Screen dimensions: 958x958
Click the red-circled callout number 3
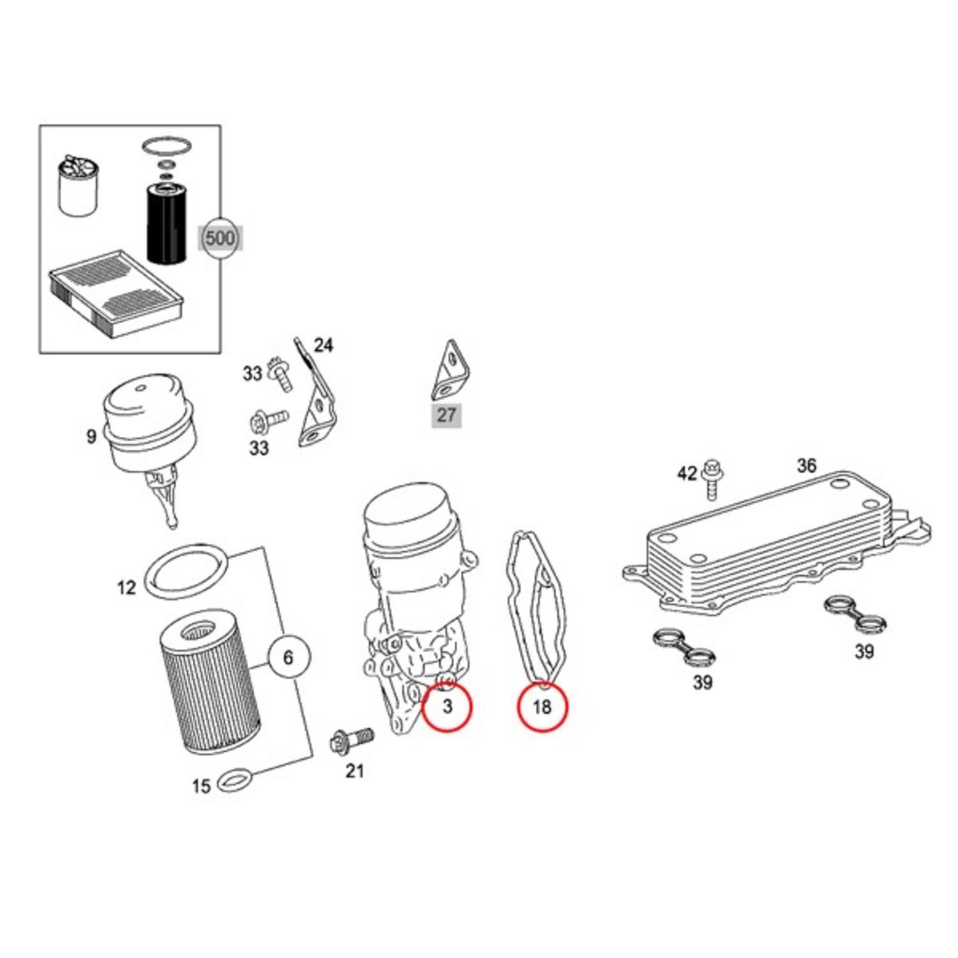click(x=447, y=706)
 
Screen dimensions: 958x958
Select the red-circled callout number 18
click(x=542, y=706)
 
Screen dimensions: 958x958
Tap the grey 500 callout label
click(x=220, y=238)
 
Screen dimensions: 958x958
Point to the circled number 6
click(x=288, y=657)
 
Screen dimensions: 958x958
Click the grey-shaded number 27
click(x=446, y=415)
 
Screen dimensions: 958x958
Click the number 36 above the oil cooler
click(x=806, y=466)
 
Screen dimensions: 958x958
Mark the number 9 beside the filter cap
click(x=91, y=437)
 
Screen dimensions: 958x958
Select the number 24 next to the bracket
click(x=323, y=345)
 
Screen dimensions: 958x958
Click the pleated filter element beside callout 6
click(x=209, y=688)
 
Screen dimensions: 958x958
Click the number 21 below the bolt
click(x=354, y=771)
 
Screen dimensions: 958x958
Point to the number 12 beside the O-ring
click(x=126, y=587)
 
